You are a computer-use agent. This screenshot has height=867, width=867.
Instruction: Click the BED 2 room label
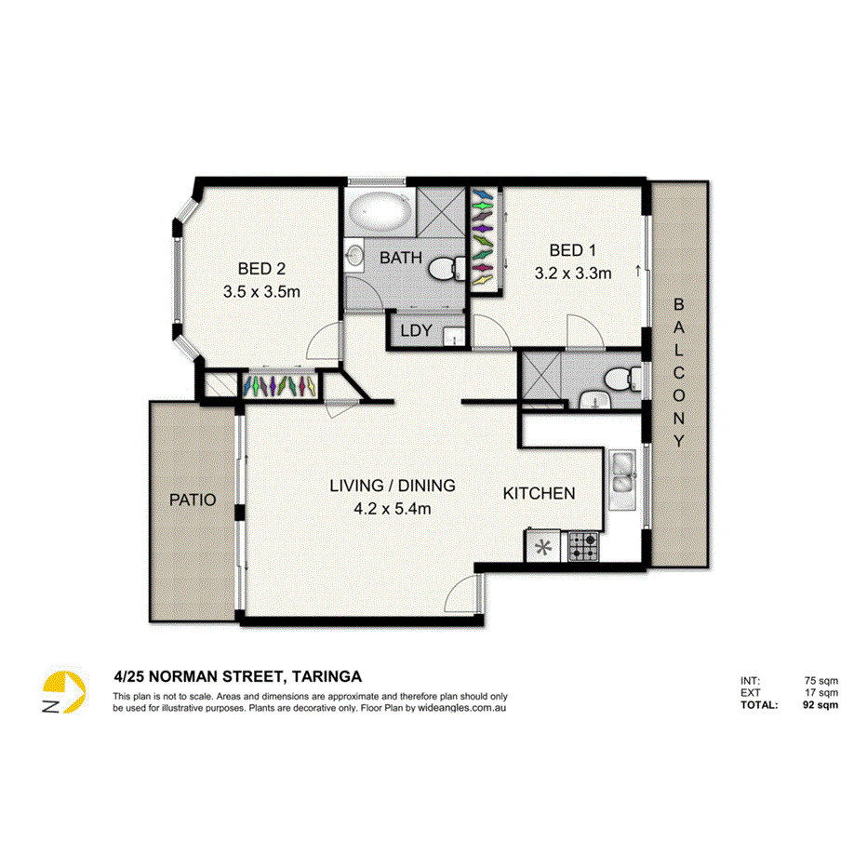[261, 269]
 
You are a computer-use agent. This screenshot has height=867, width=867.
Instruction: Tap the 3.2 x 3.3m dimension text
[572, 273]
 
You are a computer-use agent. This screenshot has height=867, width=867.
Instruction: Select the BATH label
[401, 258]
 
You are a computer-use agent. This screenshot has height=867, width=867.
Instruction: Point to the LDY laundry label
[414, 331]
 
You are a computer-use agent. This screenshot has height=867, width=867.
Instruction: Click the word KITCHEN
[539, 493]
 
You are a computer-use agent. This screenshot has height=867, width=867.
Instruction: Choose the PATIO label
[193, 500]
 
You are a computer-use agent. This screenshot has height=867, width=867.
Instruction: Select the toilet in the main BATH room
[448, 269]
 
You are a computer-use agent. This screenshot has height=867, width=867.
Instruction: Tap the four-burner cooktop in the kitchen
[584, 546]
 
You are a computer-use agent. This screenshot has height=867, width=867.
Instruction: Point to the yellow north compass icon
[64, 692]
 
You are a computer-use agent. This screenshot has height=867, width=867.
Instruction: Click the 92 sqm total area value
[820, 704]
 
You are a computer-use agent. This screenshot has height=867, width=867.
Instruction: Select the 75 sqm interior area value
[822, 681]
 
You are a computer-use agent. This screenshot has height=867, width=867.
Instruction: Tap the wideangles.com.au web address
[461, 708]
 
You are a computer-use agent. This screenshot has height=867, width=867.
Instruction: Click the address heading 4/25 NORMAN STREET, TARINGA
[237, 676]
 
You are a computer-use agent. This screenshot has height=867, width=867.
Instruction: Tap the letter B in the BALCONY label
[679, 304]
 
